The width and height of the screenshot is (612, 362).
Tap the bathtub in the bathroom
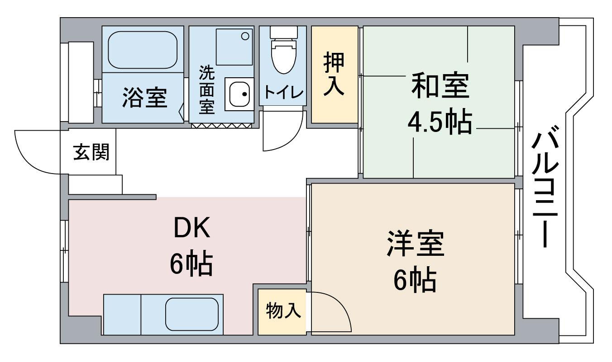click(143, 50)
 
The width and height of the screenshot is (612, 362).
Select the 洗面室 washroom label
click(207, 89)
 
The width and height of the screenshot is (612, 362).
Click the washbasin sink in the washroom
click(239, 94)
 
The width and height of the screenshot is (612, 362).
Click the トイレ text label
click(283, 92)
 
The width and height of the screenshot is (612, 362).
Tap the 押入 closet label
click(334, 74)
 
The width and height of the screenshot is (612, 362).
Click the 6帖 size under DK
click(191, 264)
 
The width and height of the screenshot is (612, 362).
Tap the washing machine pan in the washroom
click(234, 47)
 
